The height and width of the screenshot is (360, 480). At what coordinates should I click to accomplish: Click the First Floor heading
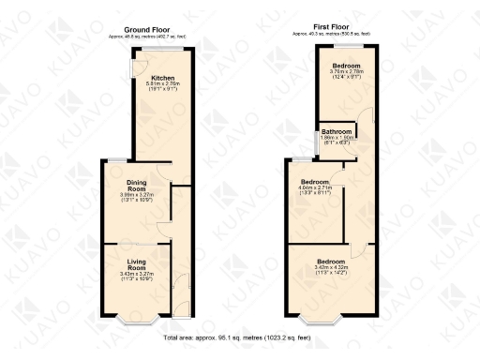pos(332,28)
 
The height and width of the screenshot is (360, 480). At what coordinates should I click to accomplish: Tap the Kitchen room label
pos(163,77)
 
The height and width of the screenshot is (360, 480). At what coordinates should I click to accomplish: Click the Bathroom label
pos(337,131)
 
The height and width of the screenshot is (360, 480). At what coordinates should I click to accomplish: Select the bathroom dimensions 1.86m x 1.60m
pos(337,138)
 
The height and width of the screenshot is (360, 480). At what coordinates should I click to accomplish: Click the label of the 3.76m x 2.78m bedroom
pos(347,66)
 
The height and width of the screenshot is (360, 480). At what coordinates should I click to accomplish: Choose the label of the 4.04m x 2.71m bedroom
pos(315,181)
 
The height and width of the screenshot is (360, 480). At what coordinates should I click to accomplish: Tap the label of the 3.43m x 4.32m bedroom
pos(330,260)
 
